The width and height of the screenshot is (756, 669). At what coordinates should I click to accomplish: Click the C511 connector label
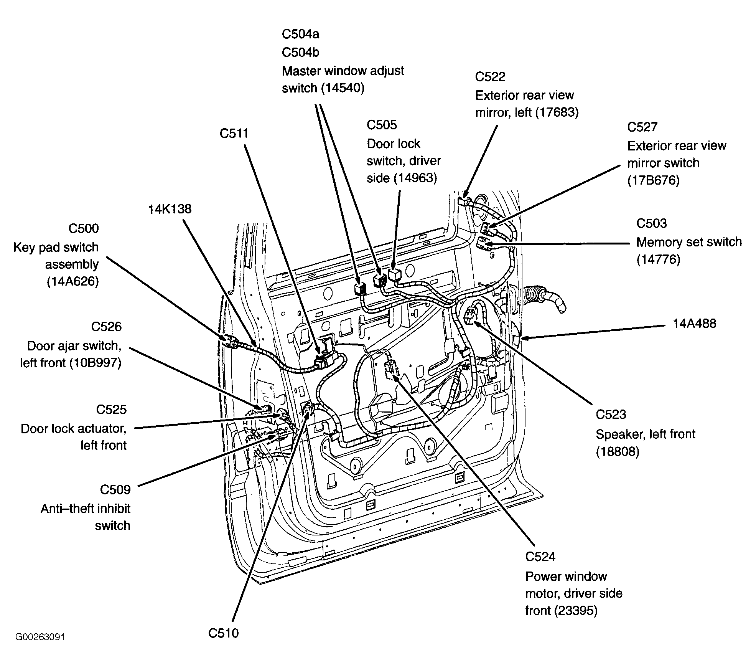coord(234,133)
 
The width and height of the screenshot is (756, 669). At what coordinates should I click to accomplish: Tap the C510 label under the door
coord(224,633)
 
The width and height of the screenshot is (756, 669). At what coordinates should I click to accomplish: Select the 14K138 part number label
coord(170,209)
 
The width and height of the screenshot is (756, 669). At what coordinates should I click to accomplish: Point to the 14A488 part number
coord(695,323)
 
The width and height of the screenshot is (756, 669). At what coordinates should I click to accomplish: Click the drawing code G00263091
coord(40,637)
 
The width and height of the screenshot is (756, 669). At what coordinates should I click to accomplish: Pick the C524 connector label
coord(540,556)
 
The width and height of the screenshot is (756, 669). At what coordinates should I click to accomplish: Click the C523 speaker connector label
coord(611,414)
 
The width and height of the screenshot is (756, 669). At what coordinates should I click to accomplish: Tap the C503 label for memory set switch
coord(652,223)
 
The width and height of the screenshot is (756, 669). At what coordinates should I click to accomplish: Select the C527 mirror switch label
coord(642,127)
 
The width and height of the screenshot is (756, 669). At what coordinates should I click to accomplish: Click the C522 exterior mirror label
coord(490,76)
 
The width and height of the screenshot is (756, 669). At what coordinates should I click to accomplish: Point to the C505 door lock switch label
coord(382,125)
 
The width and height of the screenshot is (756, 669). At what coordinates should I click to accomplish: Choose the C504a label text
coord(300,34)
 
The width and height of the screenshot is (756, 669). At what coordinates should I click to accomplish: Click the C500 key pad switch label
coord(84,228)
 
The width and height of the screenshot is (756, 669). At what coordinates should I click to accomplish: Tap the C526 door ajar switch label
coord(106,327)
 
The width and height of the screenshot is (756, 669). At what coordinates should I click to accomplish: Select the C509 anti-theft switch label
coord(115,490)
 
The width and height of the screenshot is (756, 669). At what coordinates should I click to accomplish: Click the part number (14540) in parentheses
coord(343,88)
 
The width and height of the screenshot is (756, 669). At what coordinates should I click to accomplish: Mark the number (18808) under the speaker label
coord(618,452)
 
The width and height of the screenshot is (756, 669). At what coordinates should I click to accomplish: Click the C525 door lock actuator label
coord(111,410)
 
